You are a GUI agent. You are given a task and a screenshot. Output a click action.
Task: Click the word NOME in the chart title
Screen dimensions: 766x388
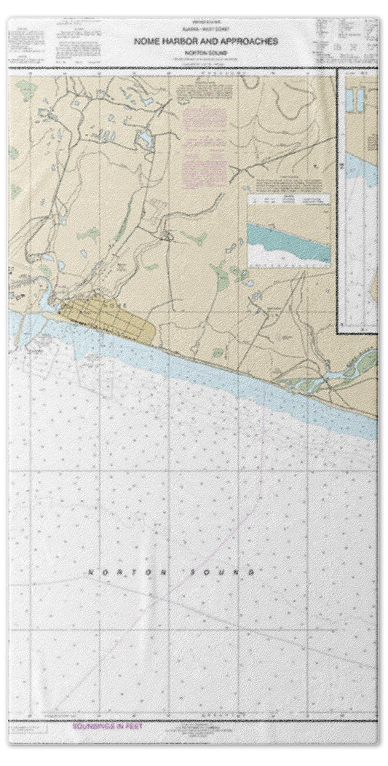[x=144, y=43]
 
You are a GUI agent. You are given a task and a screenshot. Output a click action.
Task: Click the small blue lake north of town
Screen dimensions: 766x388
[x=144, y=137]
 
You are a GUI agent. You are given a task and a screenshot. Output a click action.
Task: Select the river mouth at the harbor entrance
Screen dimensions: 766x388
[x=45, y=297]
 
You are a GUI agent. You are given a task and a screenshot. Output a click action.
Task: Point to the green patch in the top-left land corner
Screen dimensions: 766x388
[x=25, y=90]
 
